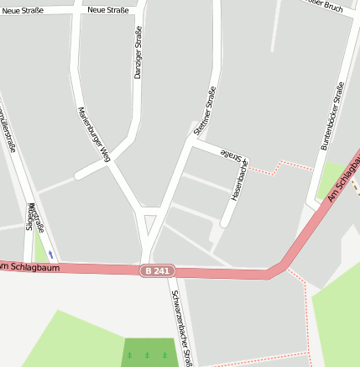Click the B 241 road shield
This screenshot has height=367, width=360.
[154, 270]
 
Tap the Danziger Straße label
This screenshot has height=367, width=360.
[138, 52]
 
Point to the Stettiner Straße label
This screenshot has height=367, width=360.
[204, 109]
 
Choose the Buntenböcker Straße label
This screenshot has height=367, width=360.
[332, 116]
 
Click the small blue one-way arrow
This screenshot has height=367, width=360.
[50, 254]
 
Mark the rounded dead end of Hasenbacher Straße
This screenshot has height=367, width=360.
[224, 223]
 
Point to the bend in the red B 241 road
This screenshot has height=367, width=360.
[277, 271]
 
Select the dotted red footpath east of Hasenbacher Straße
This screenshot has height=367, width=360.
[277, 165]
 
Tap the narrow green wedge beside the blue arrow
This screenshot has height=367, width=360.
[39, 248]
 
